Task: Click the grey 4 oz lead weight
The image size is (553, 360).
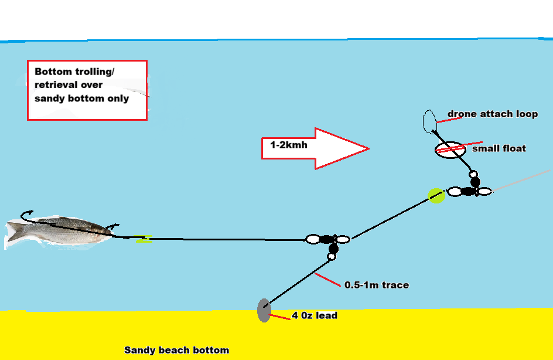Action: click(264, 310)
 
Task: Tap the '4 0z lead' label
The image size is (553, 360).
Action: click(314, 315)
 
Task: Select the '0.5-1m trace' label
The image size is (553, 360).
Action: click(377, 285)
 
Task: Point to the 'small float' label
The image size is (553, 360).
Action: click(499, 148)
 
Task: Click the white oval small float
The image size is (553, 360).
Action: click(449, 150)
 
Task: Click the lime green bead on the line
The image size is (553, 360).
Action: click(436, 195)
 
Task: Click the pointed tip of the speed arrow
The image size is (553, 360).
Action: click(368, 148)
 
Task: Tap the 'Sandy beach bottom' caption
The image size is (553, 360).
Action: click(176, 350)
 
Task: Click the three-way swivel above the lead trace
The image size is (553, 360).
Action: click(329, 240)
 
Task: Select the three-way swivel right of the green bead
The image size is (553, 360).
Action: click(469, 191)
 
